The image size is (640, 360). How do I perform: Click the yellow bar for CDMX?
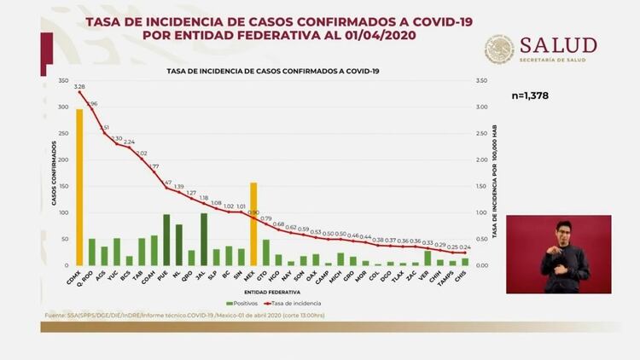[x=79, y=187]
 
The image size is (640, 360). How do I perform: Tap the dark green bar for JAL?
[x=204, y=239]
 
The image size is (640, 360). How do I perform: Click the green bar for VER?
[x=427, y=258]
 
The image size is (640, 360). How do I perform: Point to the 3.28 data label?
[x=79, y=86]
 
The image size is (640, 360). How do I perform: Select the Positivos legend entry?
[x=243, y=303]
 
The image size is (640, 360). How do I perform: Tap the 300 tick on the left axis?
[x=64, y=107]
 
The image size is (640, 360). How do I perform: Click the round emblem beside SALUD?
[x=499, y=49]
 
